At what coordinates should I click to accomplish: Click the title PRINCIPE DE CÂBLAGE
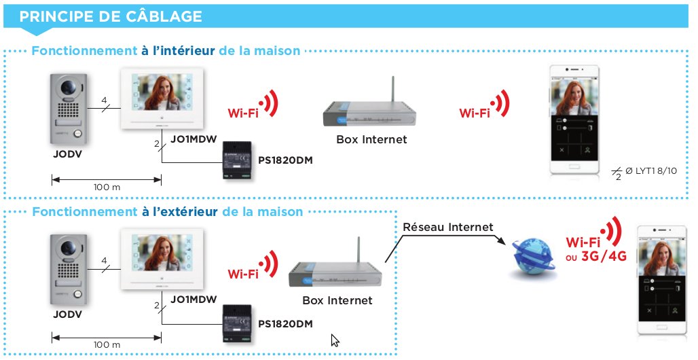click(111, 16)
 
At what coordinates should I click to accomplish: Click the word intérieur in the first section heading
click(183, 51)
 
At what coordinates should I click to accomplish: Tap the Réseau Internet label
click(448, 228)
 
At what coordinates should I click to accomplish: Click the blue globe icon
click(533, 256)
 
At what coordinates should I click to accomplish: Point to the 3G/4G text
click(604, 256)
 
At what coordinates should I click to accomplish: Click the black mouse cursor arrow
click(335, 340)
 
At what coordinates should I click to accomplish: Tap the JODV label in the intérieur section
click(68, 154)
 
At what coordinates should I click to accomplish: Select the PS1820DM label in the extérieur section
click(285, 324)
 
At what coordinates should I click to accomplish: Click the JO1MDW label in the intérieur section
click(194, 139)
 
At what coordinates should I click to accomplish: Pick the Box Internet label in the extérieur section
click(337, 300)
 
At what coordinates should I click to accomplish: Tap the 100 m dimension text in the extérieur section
click(107, 345)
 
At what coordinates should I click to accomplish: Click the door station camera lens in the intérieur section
click(68, 87)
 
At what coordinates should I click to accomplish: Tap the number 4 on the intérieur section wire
click(104, 101)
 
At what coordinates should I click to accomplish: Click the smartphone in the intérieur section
click(574, 120)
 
